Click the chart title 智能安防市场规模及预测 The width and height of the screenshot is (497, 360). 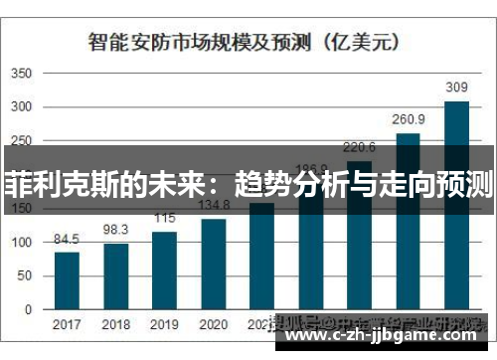point(199,42)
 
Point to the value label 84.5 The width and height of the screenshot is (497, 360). point(68,239)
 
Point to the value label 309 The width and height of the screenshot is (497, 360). point(456,89)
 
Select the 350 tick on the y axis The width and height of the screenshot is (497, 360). point(23,75)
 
